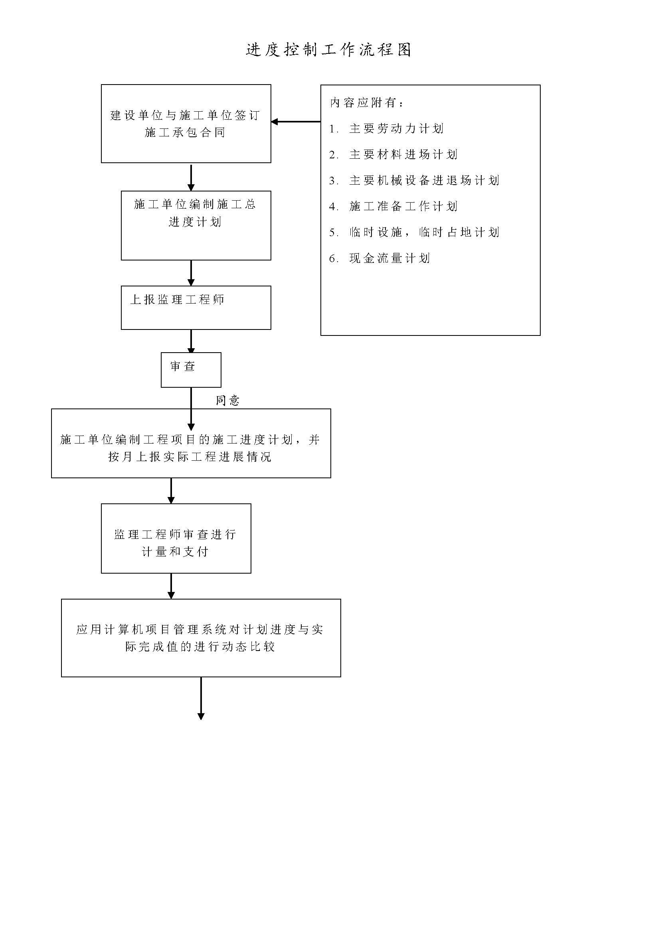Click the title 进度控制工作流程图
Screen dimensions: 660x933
tap(329, 49)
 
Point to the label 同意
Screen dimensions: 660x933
tap(227, 400)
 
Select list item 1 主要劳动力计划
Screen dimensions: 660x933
tap(386, 128)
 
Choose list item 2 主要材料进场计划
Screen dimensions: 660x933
tap(393, 154)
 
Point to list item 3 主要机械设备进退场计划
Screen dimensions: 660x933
tap(414, 180)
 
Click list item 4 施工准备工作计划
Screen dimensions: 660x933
tap(393, 207)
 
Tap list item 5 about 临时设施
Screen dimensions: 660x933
tap(414, 233)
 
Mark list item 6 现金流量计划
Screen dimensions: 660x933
tap(379, 258)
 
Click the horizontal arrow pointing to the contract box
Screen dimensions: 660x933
tap(296, 122)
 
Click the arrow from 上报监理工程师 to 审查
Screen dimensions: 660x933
tap(191, 341)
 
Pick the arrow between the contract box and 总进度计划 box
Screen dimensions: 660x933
tap(191, 177)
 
